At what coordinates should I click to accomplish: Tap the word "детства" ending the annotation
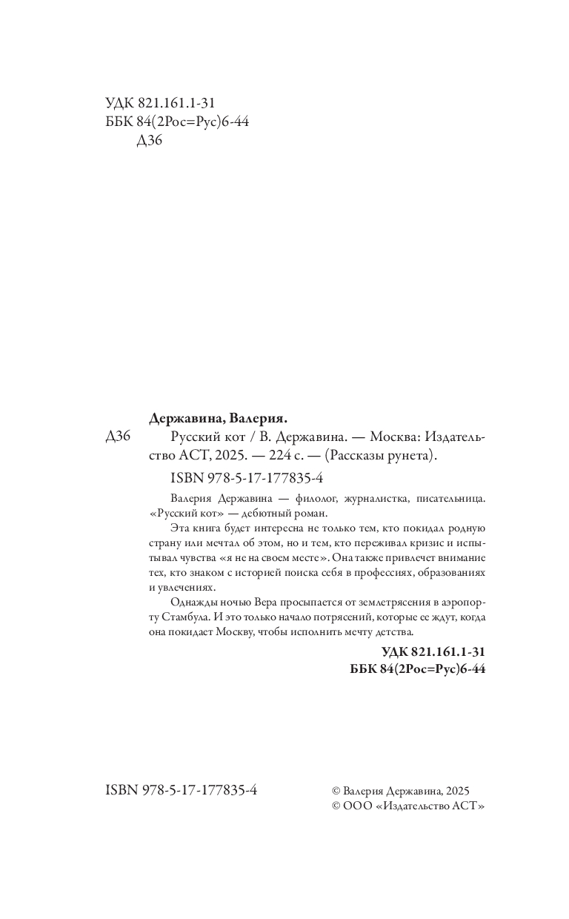(389, 632)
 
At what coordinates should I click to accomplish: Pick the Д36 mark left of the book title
(118, 437)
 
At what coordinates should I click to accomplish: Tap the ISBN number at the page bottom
(182, 791)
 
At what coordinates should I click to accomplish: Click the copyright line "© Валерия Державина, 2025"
(402, 792)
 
